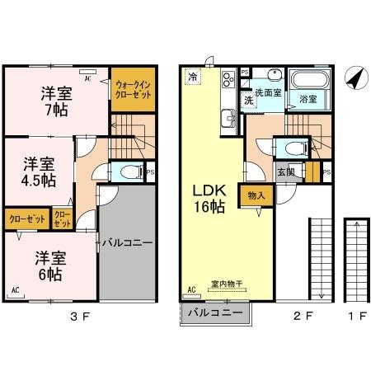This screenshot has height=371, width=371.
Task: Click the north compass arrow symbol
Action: [x=355, y=79]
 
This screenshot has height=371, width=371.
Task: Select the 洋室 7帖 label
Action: [x=57, y=101]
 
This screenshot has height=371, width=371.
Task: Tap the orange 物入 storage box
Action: [x=256, y=195]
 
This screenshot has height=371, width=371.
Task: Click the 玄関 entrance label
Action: [x=286, y=171]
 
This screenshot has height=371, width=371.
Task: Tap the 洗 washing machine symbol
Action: [x=248, y=99]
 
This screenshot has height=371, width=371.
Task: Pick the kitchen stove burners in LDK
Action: [x=226, y=82]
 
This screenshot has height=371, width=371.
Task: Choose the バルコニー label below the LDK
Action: [x=214, y=314]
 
